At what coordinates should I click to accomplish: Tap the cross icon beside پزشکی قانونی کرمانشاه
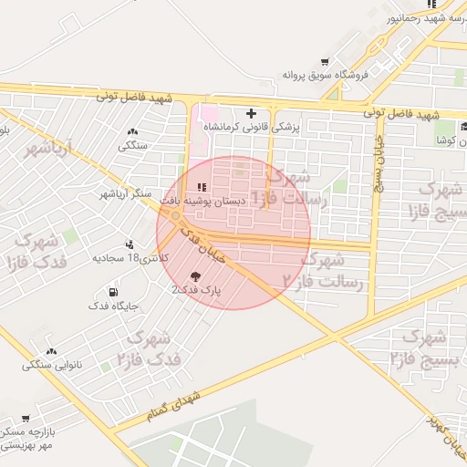pyautogui.click(x=252, y=112)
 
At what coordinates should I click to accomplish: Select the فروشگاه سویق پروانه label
pyautogui.click(x=324, y=75)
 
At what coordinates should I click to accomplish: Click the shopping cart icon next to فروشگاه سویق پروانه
pyautogui.click(x=325, y=62)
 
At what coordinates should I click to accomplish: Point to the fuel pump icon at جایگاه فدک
pyautogui.click(x=113, y=293)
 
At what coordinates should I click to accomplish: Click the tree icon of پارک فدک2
pyautogui.click(x=196, y=275)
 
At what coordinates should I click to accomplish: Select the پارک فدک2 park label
pyautogui.click(x=196, y=289)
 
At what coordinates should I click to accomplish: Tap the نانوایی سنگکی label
pyautogui.click(x=52, y=365)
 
